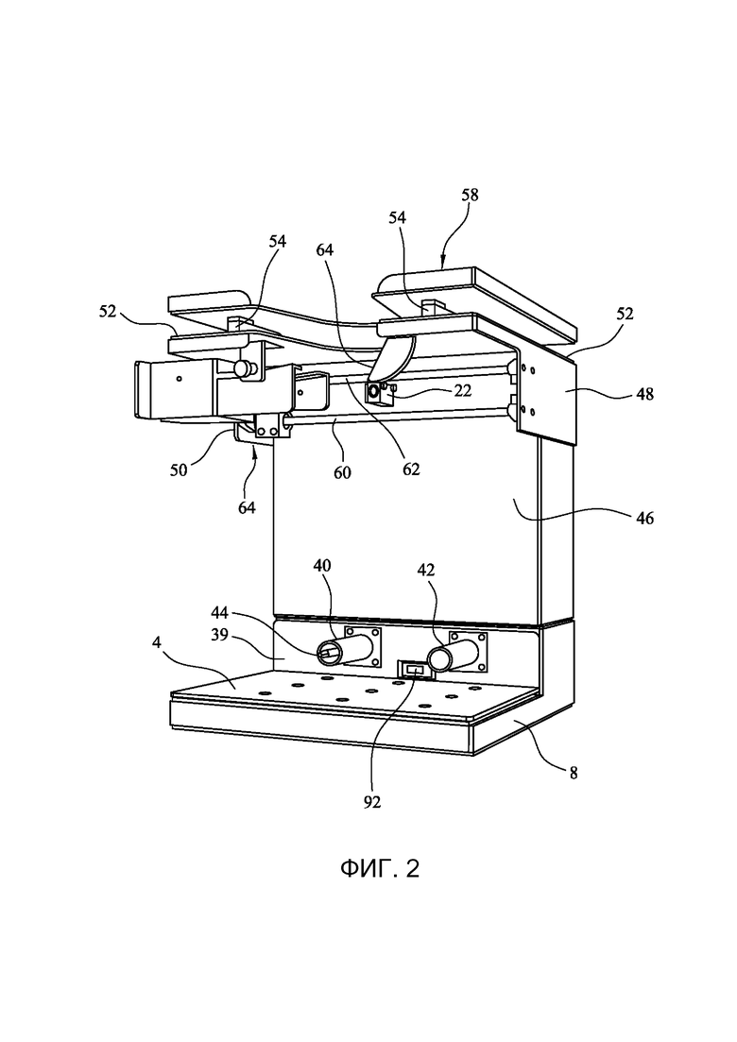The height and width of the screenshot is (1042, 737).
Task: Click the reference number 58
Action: click(x=470, y=196)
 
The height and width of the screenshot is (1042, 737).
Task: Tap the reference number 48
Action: click(x=644, y=394)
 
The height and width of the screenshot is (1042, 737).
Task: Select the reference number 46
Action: click(x=644, y=518)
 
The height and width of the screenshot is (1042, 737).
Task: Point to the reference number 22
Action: click(x=462, y=390)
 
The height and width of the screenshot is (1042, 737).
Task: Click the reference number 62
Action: click(x=411, y=469)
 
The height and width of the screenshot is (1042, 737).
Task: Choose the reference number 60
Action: click(x=343, y=473)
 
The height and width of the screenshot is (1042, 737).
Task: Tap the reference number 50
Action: click(x=179, y=470)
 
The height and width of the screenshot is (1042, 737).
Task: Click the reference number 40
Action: click(x=322, y=566)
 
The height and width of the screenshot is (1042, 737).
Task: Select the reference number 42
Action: click(x=426, y=571)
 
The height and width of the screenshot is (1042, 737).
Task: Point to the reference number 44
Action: click(x=221, y=612)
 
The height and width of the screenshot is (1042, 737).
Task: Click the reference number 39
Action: click(x=219, y=635)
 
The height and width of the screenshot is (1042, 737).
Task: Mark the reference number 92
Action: click(x=372, y=803)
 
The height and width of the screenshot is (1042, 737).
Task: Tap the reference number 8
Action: click(x=574, y=773)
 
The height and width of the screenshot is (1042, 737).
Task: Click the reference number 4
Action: click(x=156, y=642)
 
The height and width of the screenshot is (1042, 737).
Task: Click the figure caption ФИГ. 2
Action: click(x=380, y=868)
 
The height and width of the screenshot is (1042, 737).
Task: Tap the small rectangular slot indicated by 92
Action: click(x=416, y=671)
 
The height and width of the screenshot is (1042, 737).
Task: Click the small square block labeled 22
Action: click(x=376, y=392)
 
